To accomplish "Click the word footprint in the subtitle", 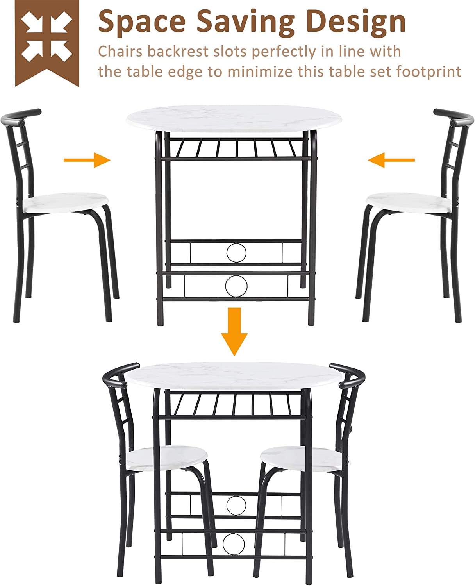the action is pos(429,72).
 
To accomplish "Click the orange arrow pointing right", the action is pos(87,160).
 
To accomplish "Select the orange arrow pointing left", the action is pos(391,160).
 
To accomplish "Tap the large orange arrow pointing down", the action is pos(234,332).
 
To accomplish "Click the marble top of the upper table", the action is pos(234,119).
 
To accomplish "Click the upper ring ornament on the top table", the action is pos(237,252).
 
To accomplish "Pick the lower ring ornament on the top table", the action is pos(236,286).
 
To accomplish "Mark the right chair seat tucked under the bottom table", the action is pos(304,458).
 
